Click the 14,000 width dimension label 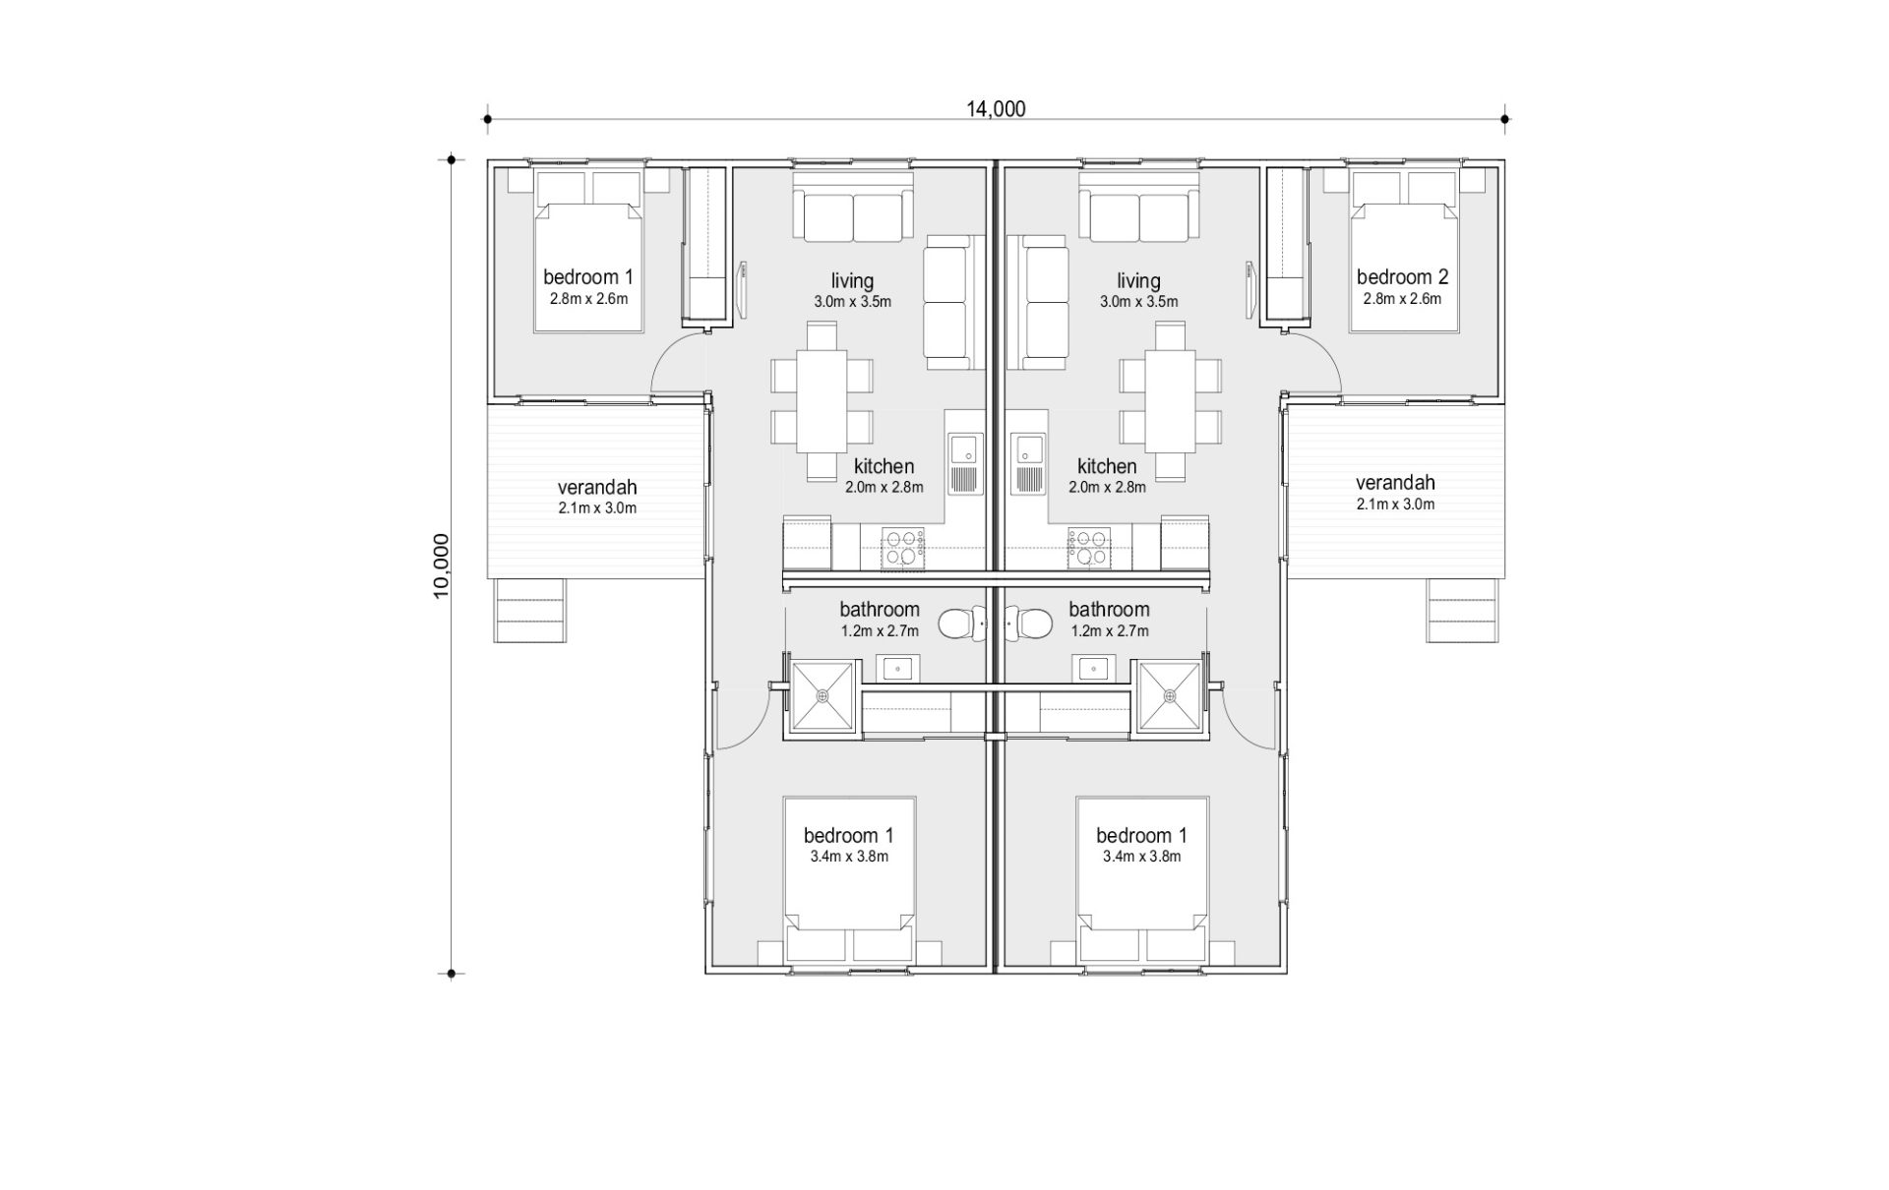tap(996, 108)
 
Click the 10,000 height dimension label tap(441, 565)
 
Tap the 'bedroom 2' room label tap(1402, 277)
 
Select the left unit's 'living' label tap(852, 281)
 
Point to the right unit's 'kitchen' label tap(1107, 466)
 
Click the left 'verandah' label tap(597, 487)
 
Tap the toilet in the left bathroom tap(961, 624)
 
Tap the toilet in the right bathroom tap(1028, 624)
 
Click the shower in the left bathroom tap(823, 696)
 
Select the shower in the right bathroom tap(1170, 696)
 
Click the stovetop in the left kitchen tap(903, 548)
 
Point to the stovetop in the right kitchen tap(1089, 548)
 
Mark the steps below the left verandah tap(529, 611)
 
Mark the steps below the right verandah tap(1464, 611)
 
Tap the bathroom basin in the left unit tap(898, 669)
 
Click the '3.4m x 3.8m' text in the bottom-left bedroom tap(849, 857)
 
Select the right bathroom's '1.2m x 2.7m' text tap(1110, 631)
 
